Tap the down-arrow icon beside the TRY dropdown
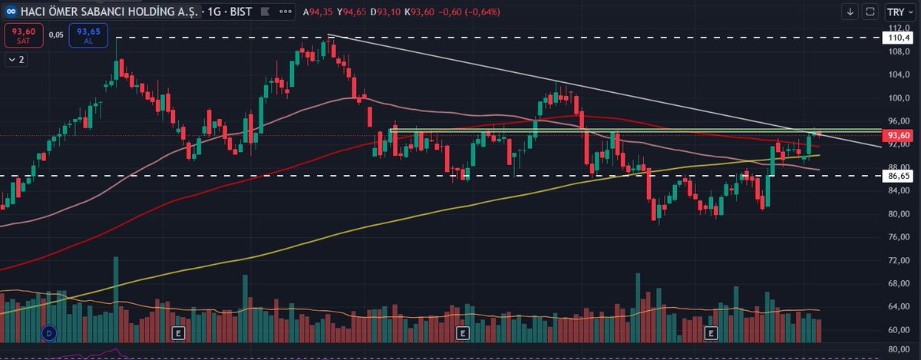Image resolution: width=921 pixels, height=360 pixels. point(850,12)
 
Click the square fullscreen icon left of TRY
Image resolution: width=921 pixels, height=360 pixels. point(870,12)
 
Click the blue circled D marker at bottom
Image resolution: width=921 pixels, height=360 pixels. point(49,333)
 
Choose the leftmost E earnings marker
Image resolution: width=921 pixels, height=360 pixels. point(178,333)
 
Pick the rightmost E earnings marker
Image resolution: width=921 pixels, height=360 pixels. point(711,333)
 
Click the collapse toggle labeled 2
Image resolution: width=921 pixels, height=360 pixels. point(15,59)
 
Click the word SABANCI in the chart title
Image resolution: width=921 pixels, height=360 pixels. point(100,12)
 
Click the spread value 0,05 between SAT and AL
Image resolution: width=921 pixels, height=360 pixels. point(56,35)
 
